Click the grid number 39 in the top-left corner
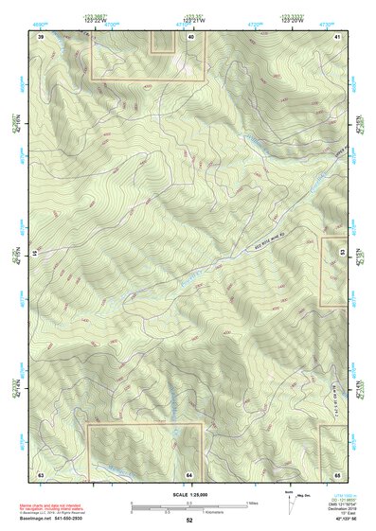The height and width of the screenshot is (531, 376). coord(41,36)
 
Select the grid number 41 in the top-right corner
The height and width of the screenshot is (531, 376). coord(337,36)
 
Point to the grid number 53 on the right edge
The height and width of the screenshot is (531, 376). coord(342,254)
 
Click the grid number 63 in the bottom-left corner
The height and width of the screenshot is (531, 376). coord(41,472)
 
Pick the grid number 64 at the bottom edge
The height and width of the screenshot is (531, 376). coord(189,472)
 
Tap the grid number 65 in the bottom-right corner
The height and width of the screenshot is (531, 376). coord(338,472)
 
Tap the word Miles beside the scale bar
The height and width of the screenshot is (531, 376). coord(252,503)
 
